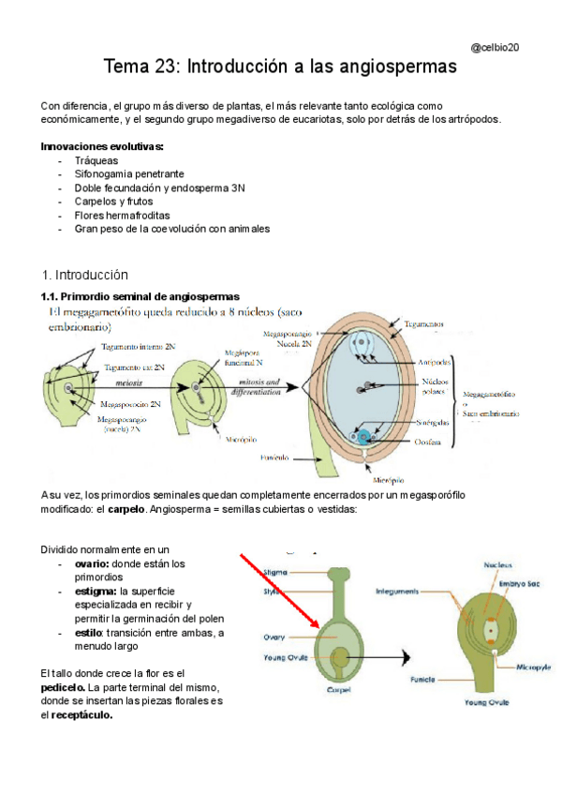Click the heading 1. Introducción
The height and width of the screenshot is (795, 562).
click(x=84, y=275)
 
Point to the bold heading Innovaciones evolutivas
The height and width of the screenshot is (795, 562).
click(x=103, y=147)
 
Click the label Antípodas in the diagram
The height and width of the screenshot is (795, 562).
click(x=436, y=362)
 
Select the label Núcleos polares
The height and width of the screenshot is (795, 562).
click(x=436, y=387)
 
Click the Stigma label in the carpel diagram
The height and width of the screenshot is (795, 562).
click(x=276, y=572)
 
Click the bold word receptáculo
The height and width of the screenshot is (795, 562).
click(x=82, y=714)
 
